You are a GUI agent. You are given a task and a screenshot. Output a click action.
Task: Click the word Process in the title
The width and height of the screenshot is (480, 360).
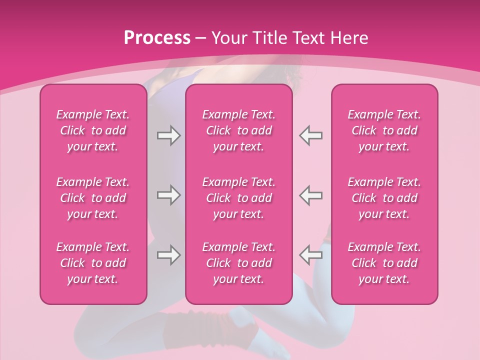click(x=157, y=38)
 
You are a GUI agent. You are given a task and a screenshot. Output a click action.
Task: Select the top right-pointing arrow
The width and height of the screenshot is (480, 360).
click(x=168, y=135)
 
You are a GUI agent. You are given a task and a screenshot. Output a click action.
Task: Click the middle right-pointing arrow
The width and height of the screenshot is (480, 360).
click(x=168, y=195)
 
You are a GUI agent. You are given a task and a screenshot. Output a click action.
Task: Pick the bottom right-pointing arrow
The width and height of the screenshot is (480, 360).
click(x=168, y=255)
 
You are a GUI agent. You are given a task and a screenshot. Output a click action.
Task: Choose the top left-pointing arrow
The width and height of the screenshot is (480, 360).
click(x=311, y=135)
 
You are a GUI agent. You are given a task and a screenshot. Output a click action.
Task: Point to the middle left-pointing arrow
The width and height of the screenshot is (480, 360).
click(x=311, y=195)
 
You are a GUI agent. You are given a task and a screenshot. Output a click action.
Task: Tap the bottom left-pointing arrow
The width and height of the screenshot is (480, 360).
click(x=311, y=255)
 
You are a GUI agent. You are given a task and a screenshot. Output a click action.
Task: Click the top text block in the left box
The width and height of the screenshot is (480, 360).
click(x=93, y=130)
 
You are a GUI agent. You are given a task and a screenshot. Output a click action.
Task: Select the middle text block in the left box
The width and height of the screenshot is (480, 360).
click(x=93, y=198)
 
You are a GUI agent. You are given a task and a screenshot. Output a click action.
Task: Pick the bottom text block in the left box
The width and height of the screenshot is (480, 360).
click(x=93, y=263)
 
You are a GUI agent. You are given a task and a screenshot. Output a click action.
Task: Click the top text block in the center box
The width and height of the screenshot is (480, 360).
click(x=239, y=130)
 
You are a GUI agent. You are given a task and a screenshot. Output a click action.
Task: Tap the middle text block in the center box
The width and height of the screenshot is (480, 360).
click(x=239, y=198)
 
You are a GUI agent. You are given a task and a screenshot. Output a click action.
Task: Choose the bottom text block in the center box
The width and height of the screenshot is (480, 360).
click(x=239, y=263)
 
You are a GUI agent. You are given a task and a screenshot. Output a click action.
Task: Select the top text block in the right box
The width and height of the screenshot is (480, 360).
click(x=384, y=130)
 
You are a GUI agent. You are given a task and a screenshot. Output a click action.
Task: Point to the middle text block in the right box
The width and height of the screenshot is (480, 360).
click(x=384, y=198)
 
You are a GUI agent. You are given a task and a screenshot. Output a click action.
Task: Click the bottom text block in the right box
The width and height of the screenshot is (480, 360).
click(x=384, y=263)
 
